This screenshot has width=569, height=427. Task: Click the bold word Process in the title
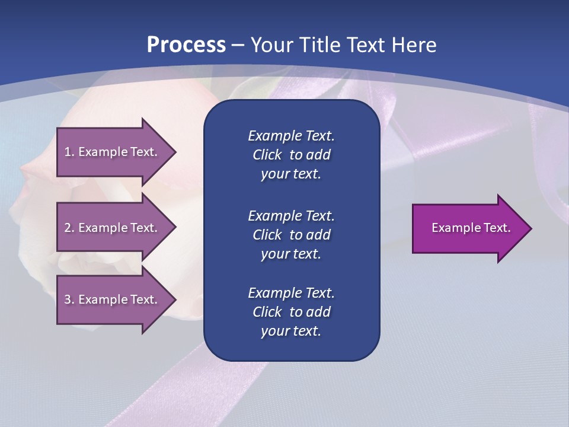point(186,45)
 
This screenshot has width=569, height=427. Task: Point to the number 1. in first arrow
point(69,152)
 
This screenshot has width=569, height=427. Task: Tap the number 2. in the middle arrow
point(69,228)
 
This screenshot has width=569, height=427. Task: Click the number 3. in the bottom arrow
point(69,299)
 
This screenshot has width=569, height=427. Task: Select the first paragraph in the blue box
point(291,155)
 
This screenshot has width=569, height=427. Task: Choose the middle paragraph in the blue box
point(291,234)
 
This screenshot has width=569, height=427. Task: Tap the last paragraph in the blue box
point(291,312)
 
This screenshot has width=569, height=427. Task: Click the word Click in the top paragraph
point(267,155)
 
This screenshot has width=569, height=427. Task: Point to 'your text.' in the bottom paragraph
point(291,331)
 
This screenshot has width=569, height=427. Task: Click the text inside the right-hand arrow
point(471,228)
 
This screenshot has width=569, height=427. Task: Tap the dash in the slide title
point(238,46)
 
